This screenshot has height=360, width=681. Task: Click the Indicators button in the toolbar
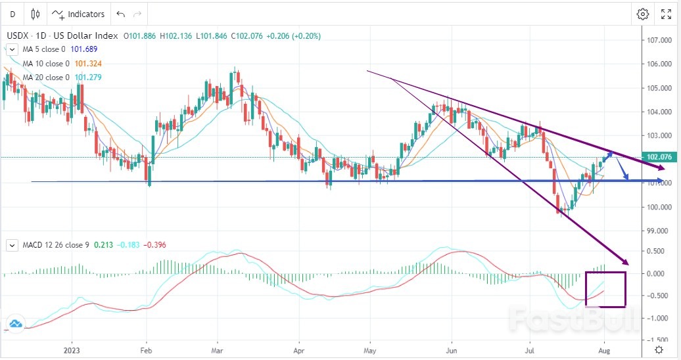click(x=78, y=14)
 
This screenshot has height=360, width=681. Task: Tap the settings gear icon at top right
click(x=642, y=14)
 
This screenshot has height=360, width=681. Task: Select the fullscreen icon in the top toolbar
click(x=666, y=14)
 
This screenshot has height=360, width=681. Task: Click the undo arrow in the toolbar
click(x=120, y=14)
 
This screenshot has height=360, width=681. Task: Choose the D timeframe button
click(x=12, y=14)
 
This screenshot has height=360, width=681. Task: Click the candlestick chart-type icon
click(x=35, y=14)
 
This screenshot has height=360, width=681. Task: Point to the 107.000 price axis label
click(x=658, y=40)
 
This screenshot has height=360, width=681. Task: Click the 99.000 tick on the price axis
click(x=658, y=231)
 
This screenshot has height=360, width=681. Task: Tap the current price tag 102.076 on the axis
click(x=658, y=158)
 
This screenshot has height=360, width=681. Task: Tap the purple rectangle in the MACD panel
click(x=605, y=289)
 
